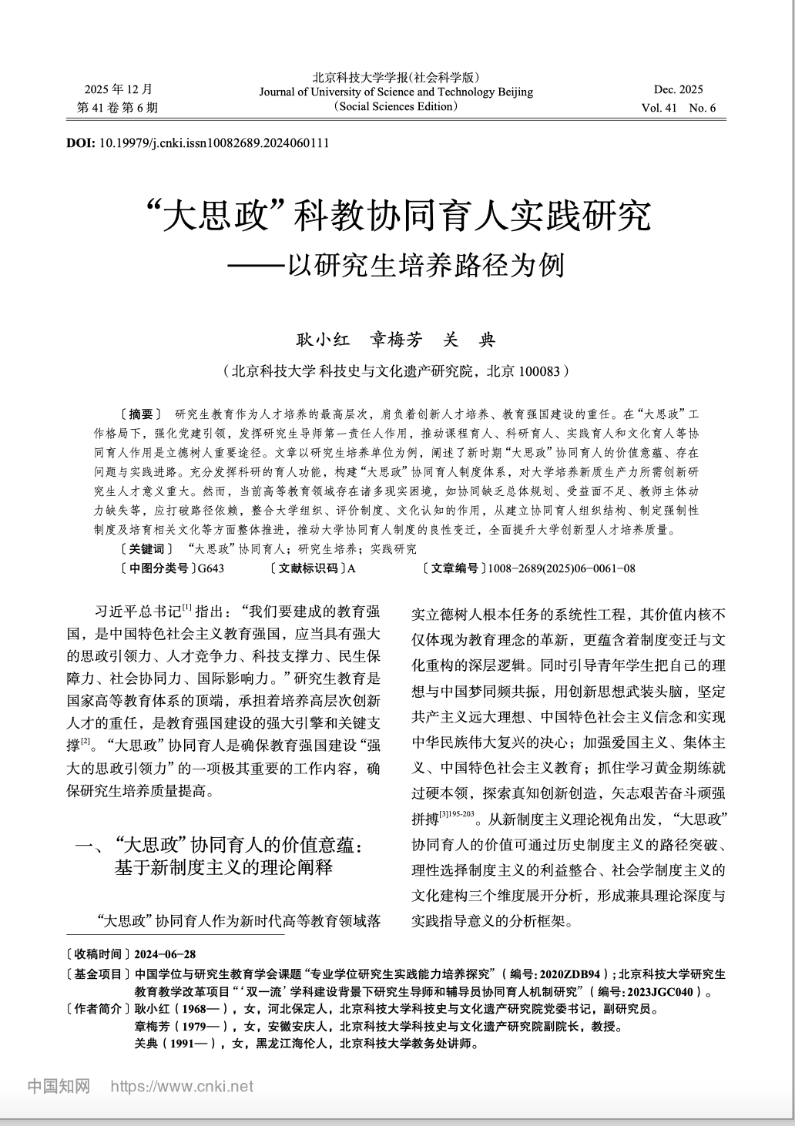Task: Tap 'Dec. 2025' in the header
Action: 678,89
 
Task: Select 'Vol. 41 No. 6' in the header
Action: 678,108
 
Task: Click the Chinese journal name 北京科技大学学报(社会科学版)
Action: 396,77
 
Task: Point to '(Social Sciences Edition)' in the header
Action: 396,106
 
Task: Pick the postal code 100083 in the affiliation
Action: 542,371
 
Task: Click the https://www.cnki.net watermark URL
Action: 182,1087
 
